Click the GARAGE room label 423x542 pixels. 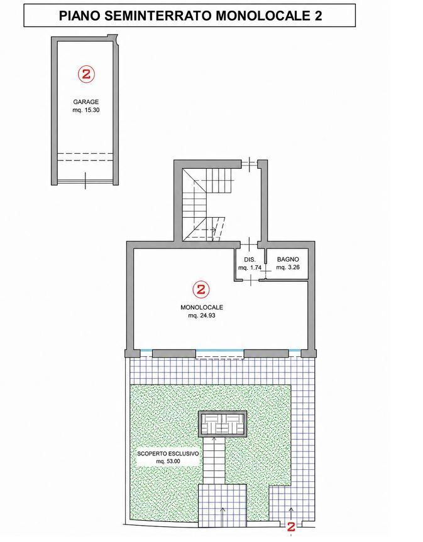[86, 102]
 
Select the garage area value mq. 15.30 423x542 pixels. [86, 110]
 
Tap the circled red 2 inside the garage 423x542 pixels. [86, 74]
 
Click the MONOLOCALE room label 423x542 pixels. [202, 307]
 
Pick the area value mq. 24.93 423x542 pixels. [202, 316]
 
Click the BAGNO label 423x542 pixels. [288, 259]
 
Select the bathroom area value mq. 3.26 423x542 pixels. [288, 267]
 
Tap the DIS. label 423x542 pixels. [250, 260]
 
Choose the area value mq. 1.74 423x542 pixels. [250, 267]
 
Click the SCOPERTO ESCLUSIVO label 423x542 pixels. [168, 454]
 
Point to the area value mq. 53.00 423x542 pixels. [168, 462]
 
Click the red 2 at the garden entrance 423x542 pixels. [291, 527]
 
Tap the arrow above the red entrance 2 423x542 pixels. [291, 514]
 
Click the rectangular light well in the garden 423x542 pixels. [222, 424]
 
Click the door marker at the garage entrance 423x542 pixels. [85, 181]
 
